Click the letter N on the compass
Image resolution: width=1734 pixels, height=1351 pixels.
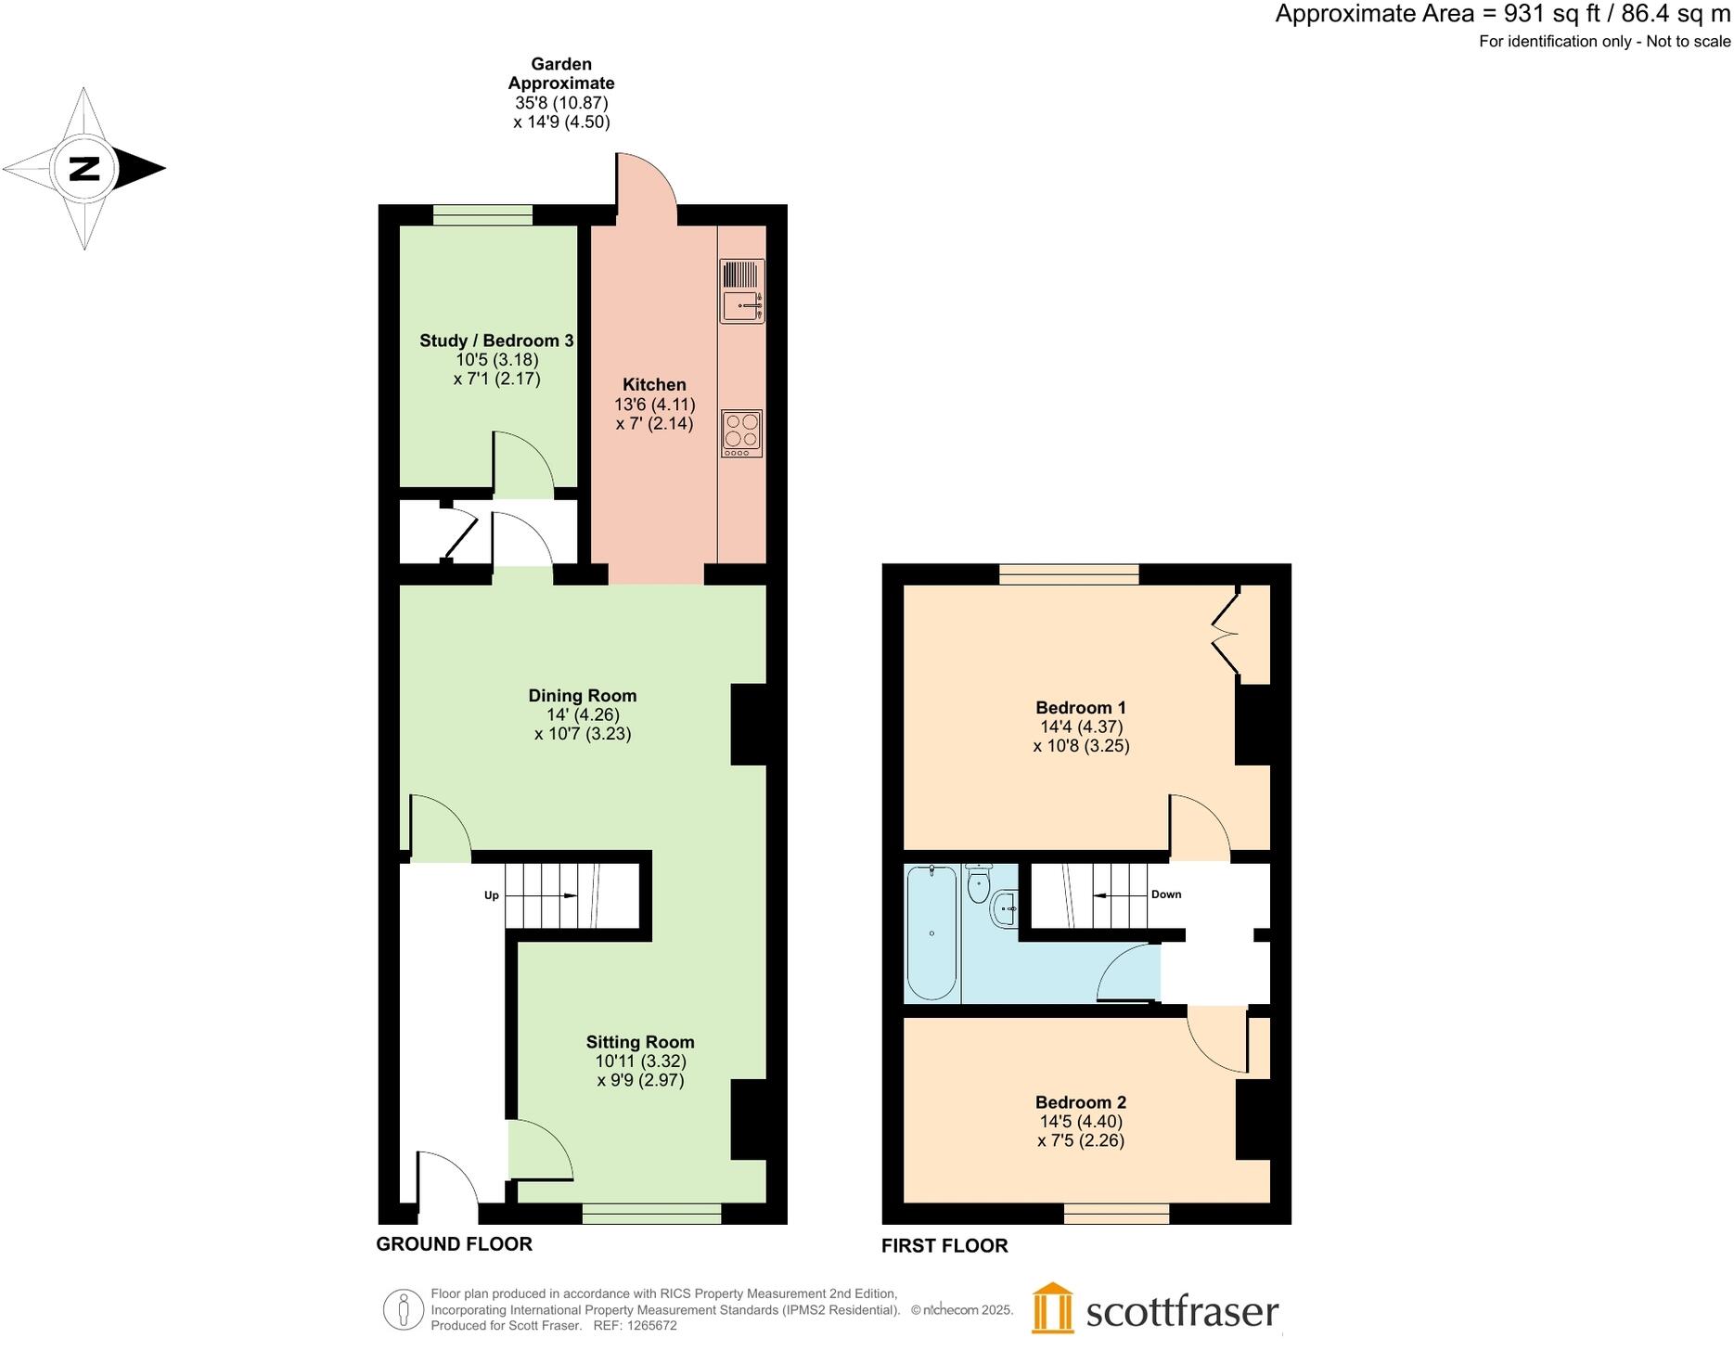83,169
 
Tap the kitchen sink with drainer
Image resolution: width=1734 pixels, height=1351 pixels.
742,291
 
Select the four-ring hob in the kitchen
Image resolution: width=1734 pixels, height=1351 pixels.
741,433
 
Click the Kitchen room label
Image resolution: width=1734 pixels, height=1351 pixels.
654,385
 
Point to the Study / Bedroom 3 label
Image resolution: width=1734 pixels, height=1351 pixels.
496,341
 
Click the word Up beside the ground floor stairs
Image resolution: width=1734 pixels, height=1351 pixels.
492,895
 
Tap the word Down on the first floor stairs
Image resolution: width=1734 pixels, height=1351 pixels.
1166,894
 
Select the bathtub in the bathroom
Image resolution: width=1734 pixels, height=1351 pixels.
931,933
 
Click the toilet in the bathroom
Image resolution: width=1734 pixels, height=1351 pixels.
979,884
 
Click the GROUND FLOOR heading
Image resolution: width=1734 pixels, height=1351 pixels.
454,1244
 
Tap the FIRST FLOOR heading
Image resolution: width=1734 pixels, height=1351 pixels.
944,1246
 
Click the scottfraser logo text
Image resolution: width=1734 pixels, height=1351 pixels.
1182,1312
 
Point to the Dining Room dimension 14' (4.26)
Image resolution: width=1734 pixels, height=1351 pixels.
583,714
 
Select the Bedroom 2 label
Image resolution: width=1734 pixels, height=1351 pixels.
1081,1102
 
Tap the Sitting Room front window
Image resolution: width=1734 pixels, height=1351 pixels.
652,1214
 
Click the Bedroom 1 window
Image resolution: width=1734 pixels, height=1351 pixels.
1069,574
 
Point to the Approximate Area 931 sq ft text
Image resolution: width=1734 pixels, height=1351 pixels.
1502,14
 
